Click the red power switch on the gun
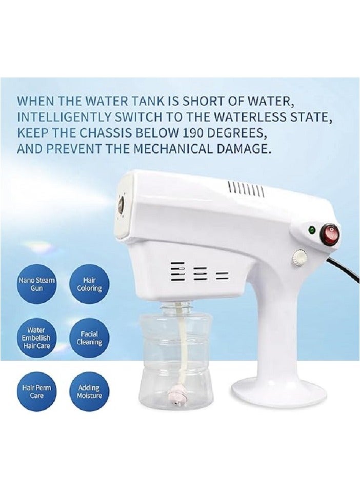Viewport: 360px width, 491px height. tap(329, 234)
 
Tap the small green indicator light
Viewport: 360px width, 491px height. tap(311, 230)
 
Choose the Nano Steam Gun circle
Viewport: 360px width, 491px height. tap(37, 285)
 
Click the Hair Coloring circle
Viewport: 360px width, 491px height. tap(89, 285)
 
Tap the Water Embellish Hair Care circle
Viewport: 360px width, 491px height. tap(37, 338)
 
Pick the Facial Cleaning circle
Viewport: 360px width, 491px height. tap(89, 338)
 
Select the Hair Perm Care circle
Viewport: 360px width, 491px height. tap(37, 391)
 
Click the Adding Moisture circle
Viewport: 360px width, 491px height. tap(89, 391)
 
